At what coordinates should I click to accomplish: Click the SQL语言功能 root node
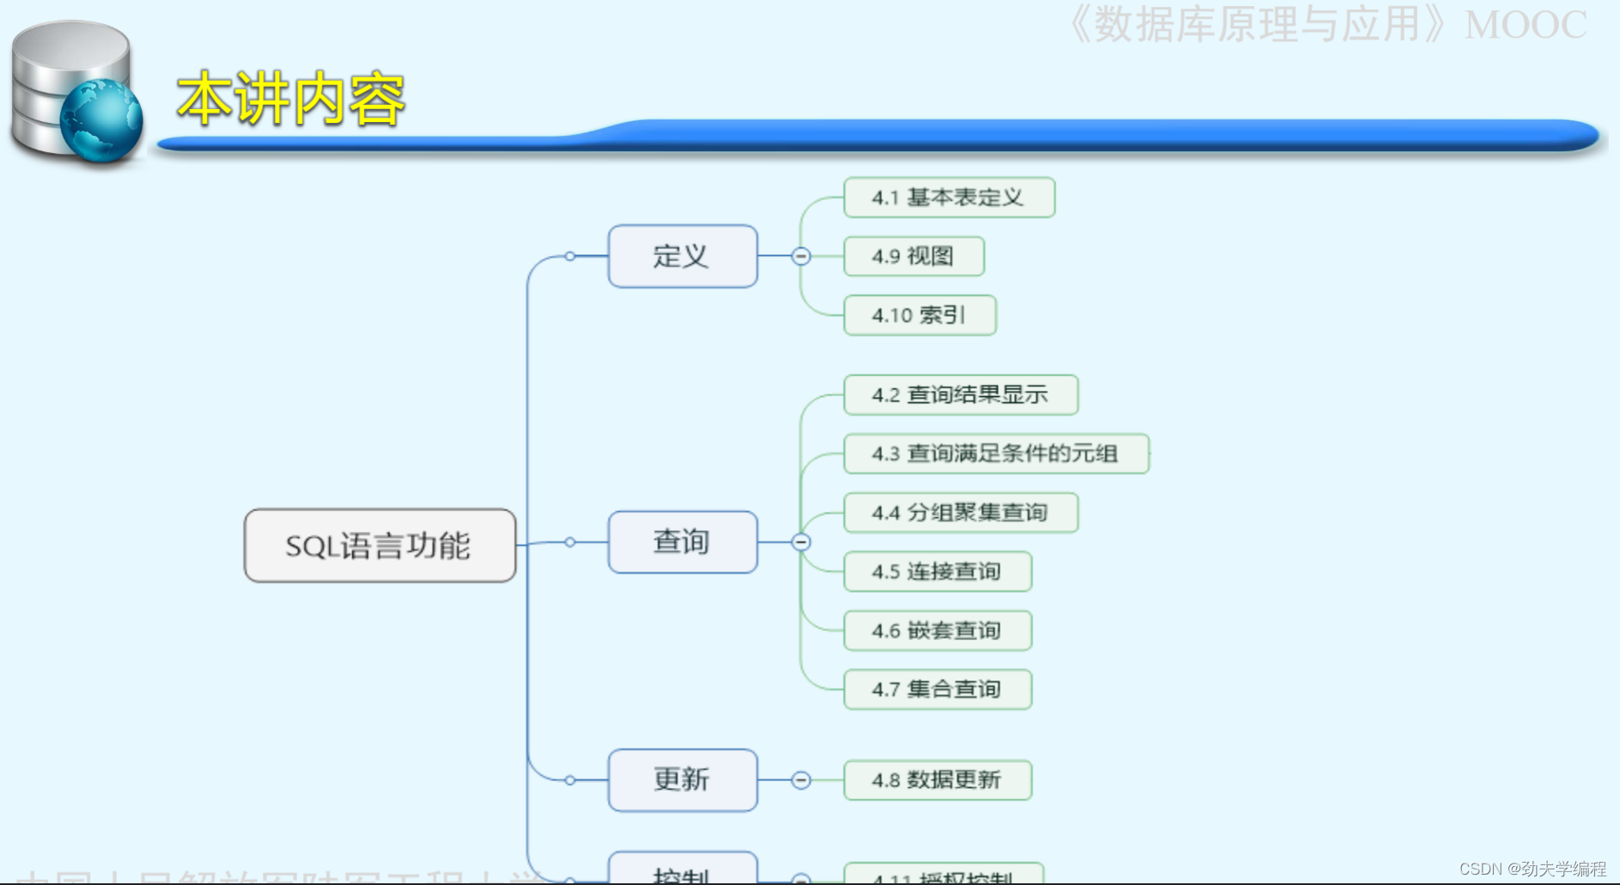point(380,546)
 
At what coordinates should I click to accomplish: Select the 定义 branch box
point(682,256)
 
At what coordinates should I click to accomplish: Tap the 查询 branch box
point(682,542)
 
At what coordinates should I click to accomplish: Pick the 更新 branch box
point(682,780)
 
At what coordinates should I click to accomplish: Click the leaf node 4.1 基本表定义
point(948,198)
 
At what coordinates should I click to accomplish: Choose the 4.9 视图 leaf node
point(913,256)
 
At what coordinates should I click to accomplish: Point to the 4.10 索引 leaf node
point(919,315)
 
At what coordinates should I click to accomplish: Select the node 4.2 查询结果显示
point(960,395)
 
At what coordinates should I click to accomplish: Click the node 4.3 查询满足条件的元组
point(996,454)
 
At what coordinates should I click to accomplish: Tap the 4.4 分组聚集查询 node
point(960,513)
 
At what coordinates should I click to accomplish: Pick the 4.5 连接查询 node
point(937,571)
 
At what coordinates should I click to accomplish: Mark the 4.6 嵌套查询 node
point(937,631)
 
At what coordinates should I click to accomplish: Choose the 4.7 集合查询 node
point(937,689)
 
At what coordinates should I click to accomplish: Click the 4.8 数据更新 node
point(937,780)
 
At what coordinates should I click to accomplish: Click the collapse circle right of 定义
point(801,256)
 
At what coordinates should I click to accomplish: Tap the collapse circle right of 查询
point(801,542)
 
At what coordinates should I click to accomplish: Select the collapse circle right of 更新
point(801,780)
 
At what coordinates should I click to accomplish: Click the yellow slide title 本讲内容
point(290,100)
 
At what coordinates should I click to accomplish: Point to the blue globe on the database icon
point(100,119)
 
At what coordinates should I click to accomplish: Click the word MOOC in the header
point(1525,26)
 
